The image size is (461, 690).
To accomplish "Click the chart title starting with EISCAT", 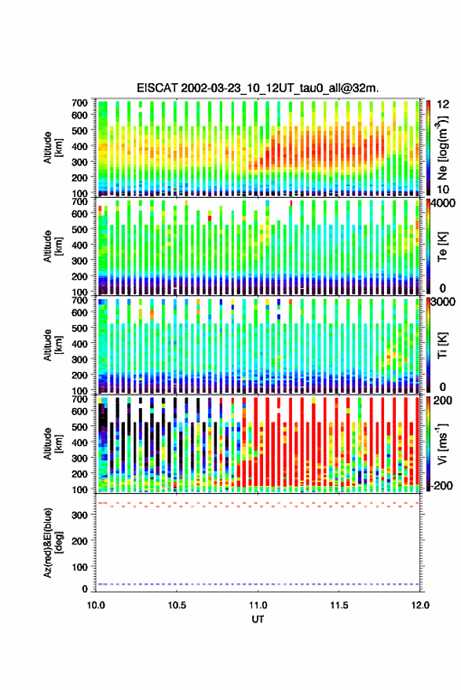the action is coord(258,88).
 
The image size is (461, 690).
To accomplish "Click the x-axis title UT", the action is coord(258,619).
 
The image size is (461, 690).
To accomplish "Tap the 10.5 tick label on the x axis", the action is coord(177,605).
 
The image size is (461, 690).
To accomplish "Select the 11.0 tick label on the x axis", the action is coord(258,605).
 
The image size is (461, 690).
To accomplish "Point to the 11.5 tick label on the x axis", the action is coord(338,605).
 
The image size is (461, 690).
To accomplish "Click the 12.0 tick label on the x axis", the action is coord(419,605).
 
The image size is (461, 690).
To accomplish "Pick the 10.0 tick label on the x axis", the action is coord(96,605).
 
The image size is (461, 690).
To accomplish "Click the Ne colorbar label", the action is coord(442,148).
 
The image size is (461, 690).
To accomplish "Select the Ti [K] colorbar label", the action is coord(442,346).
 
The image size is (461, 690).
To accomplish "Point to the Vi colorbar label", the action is coord(442,444).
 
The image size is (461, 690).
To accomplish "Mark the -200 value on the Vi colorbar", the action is coord(441,486).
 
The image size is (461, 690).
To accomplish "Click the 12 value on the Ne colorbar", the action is coord(443,104).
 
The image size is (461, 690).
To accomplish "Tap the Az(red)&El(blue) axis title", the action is coord(52,542).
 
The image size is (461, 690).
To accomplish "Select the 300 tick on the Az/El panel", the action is coord(79,515).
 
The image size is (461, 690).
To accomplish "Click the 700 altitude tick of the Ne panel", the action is coord(79,103).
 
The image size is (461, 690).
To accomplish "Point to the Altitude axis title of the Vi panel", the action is coord(52,444).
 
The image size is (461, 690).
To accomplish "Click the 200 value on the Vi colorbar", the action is coord(443,400).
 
